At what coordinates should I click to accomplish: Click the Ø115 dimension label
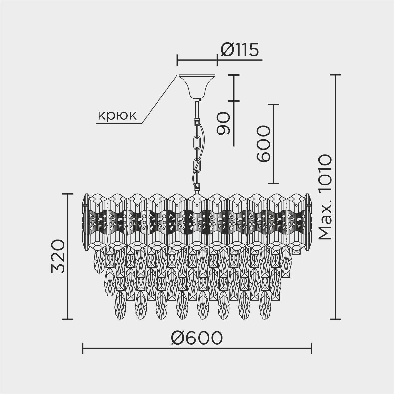pyautogui.click(x=240, y=50)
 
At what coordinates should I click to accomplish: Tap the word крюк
pyautogui.click(x=117, y=116)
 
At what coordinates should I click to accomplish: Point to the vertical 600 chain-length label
pyautogui.click(x=263, y=144)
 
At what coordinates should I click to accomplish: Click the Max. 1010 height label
pyautogui.click(x=325, y=197)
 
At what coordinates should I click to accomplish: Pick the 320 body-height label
pyautogui.click(x=58, y=256)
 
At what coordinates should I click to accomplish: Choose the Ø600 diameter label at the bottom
pyautogui.click(x=197, y=338)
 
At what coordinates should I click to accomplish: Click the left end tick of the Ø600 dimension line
pyautogui.click(x=82, y=348)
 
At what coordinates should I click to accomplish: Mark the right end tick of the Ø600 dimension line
pyautogui.click(x=311, y=348)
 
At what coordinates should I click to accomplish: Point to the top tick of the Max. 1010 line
pyautogui.click(x=335, y=75)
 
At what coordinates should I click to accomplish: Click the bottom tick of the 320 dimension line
pyautogui.click(x=68, y=319)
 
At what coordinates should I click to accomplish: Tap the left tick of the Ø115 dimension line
pyautogui.click(x=177, y=60)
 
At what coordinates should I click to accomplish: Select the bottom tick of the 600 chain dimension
pyautogui.click(x=273, y=184)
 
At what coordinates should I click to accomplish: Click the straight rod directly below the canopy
pyautogui.click(x=197, y=109)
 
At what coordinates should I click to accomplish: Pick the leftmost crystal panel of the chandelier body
pyautogui.click(x=98, y=222)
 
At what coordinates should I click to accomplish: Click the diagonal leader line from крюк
pyautogui.click(x=159, y=99)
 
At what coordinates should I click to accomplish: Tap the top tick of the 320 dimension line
pyautogui.click(x=68, y=194)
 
